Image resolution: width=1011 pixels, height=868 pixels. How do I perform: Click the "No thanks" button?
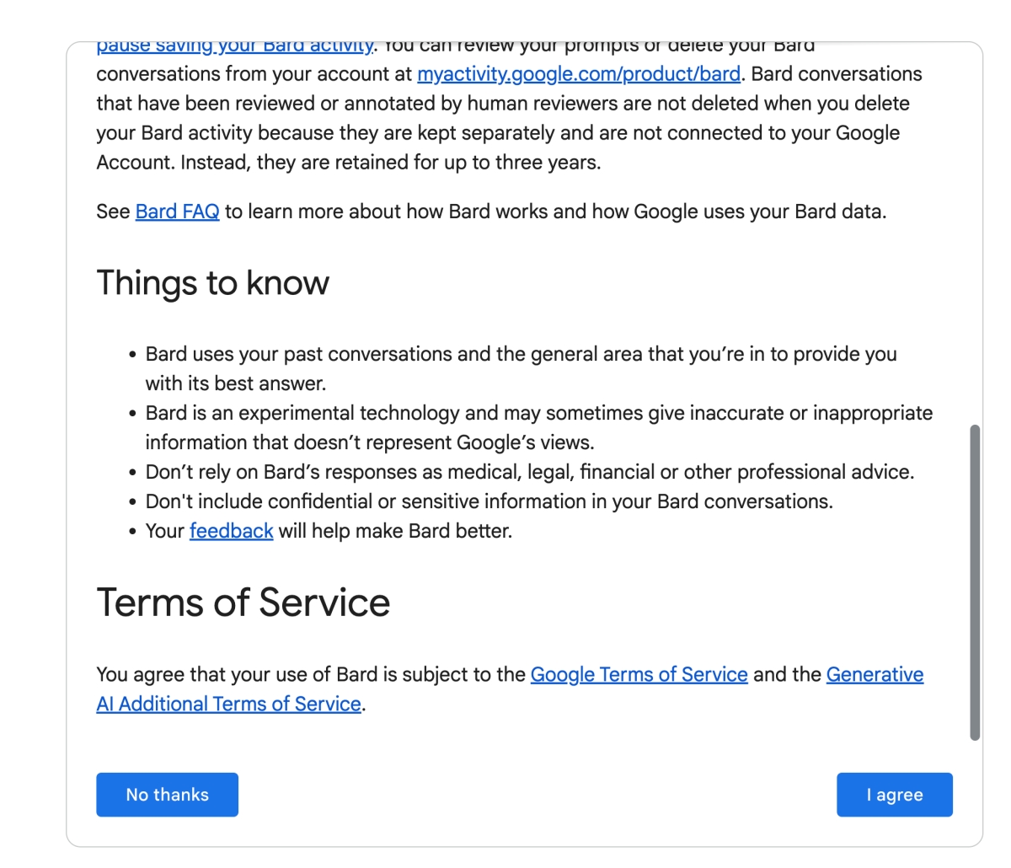(167, 795)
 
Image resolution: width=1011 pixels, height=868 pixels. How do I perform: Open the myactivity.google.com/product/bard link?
(579, 74)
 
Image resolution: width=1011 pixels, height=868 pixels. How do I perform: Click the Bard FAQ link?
(177, 212)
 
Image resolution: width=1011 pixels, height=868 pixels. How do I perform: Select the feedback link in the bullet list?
(231, 531)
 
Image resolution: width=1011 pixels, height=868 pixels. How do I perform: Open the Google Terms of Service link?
(639, 674)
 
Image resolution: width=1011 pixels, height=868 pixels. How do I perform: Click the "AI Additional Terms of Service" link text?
(228, 704)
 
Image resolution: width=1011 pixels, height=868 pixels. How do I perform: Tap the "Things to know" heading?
(212, 283)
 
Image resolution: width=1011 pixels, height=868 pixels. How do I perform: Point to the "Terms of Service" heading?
(243, 603)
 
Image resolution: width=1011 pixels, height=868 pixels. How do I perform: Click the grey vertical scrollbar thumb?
(975, 581)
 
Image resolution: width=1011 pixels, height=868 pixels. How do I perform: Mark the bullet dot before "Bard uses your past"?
(132, 356)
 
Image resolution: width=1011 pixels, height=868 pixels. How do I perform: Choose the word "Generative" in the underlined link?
(875, 674)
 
